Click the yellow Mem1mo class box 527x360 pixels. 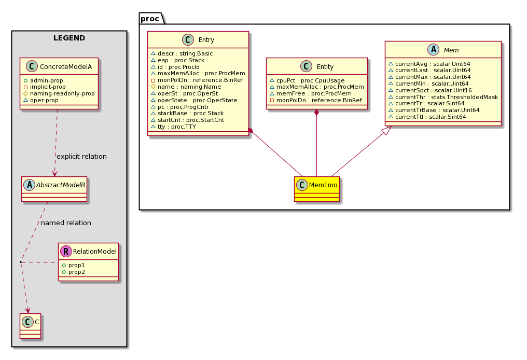(316, 189)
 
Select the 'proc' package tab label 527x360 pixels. (150, 19)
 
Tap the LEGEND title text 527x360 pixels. (69, 38)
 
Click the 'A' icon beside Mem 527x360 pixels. (434, 50)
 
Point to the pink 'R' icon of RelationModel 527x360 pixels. (66, 251)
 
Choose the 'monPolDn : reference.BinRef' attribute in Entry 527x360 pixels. (200, 80)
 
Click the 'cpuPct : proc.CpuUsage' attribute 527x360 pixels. (311, 80)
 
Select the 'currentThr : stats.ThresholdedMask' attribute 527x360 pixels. (447, 97)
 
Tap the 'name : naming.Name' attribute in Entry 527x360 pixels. (189, 87)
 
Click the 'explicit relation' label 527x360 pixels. (81, 156)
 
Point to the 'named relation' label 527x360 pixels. (66, 223)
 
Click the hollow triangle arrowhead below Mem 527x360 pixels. (387, 130)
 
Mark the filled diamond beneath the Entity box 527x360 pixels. (316, 113)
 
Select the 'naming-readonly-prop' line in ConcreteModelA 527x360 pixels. (62, 93)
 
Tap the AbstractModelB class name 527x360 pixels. (61, 185)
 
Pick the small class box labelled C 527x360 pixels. (30, 326)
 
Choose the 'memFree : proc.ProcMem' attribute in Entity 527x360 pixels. (314, 93)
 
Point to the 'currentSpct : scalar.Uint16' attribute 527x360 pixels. (434, 90)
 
